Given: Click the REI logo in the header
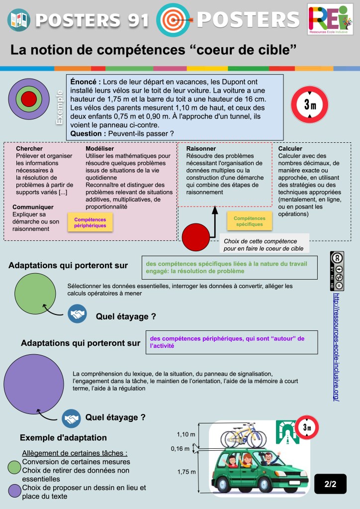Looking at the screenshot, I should pyautogui.click(x=331, y=20).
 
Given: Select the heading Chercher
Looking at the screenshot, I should pyautogui.click(x=29, y=148).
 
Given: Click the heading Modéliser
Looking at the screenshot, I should pyautogui.click(x=99, y=148).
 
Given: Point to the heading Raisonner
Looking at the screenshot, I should pyautogui.click(x=201, y=148).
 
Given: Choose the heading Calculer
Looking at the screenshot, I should pyautogui.click(x=290, y=148).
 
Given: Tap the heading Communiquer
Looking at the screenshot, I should pyautogui.click(x=33, y=206).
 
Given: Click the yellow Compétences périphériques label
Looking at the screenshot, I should pyautogui.click(x=90, y=222).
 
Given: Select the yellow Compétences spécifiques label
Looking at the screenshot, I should pyautogui.click(x=249, y=221).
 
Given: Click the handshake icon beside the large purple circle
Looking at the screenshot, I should pyautogui.click(x=71, y=418).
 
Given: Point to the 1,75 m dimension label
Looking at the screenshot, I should pyautogui.click(x=186, y=472).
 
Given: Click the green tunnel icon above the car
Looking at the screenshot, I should pyautogui.click(x=287, y=431).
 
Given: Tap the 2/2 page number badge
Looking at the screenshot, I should pyautogui.click(x=330, y=483).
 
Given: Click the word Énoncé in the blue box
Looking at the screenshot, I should pyautogui.click(x=86, y=82).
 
